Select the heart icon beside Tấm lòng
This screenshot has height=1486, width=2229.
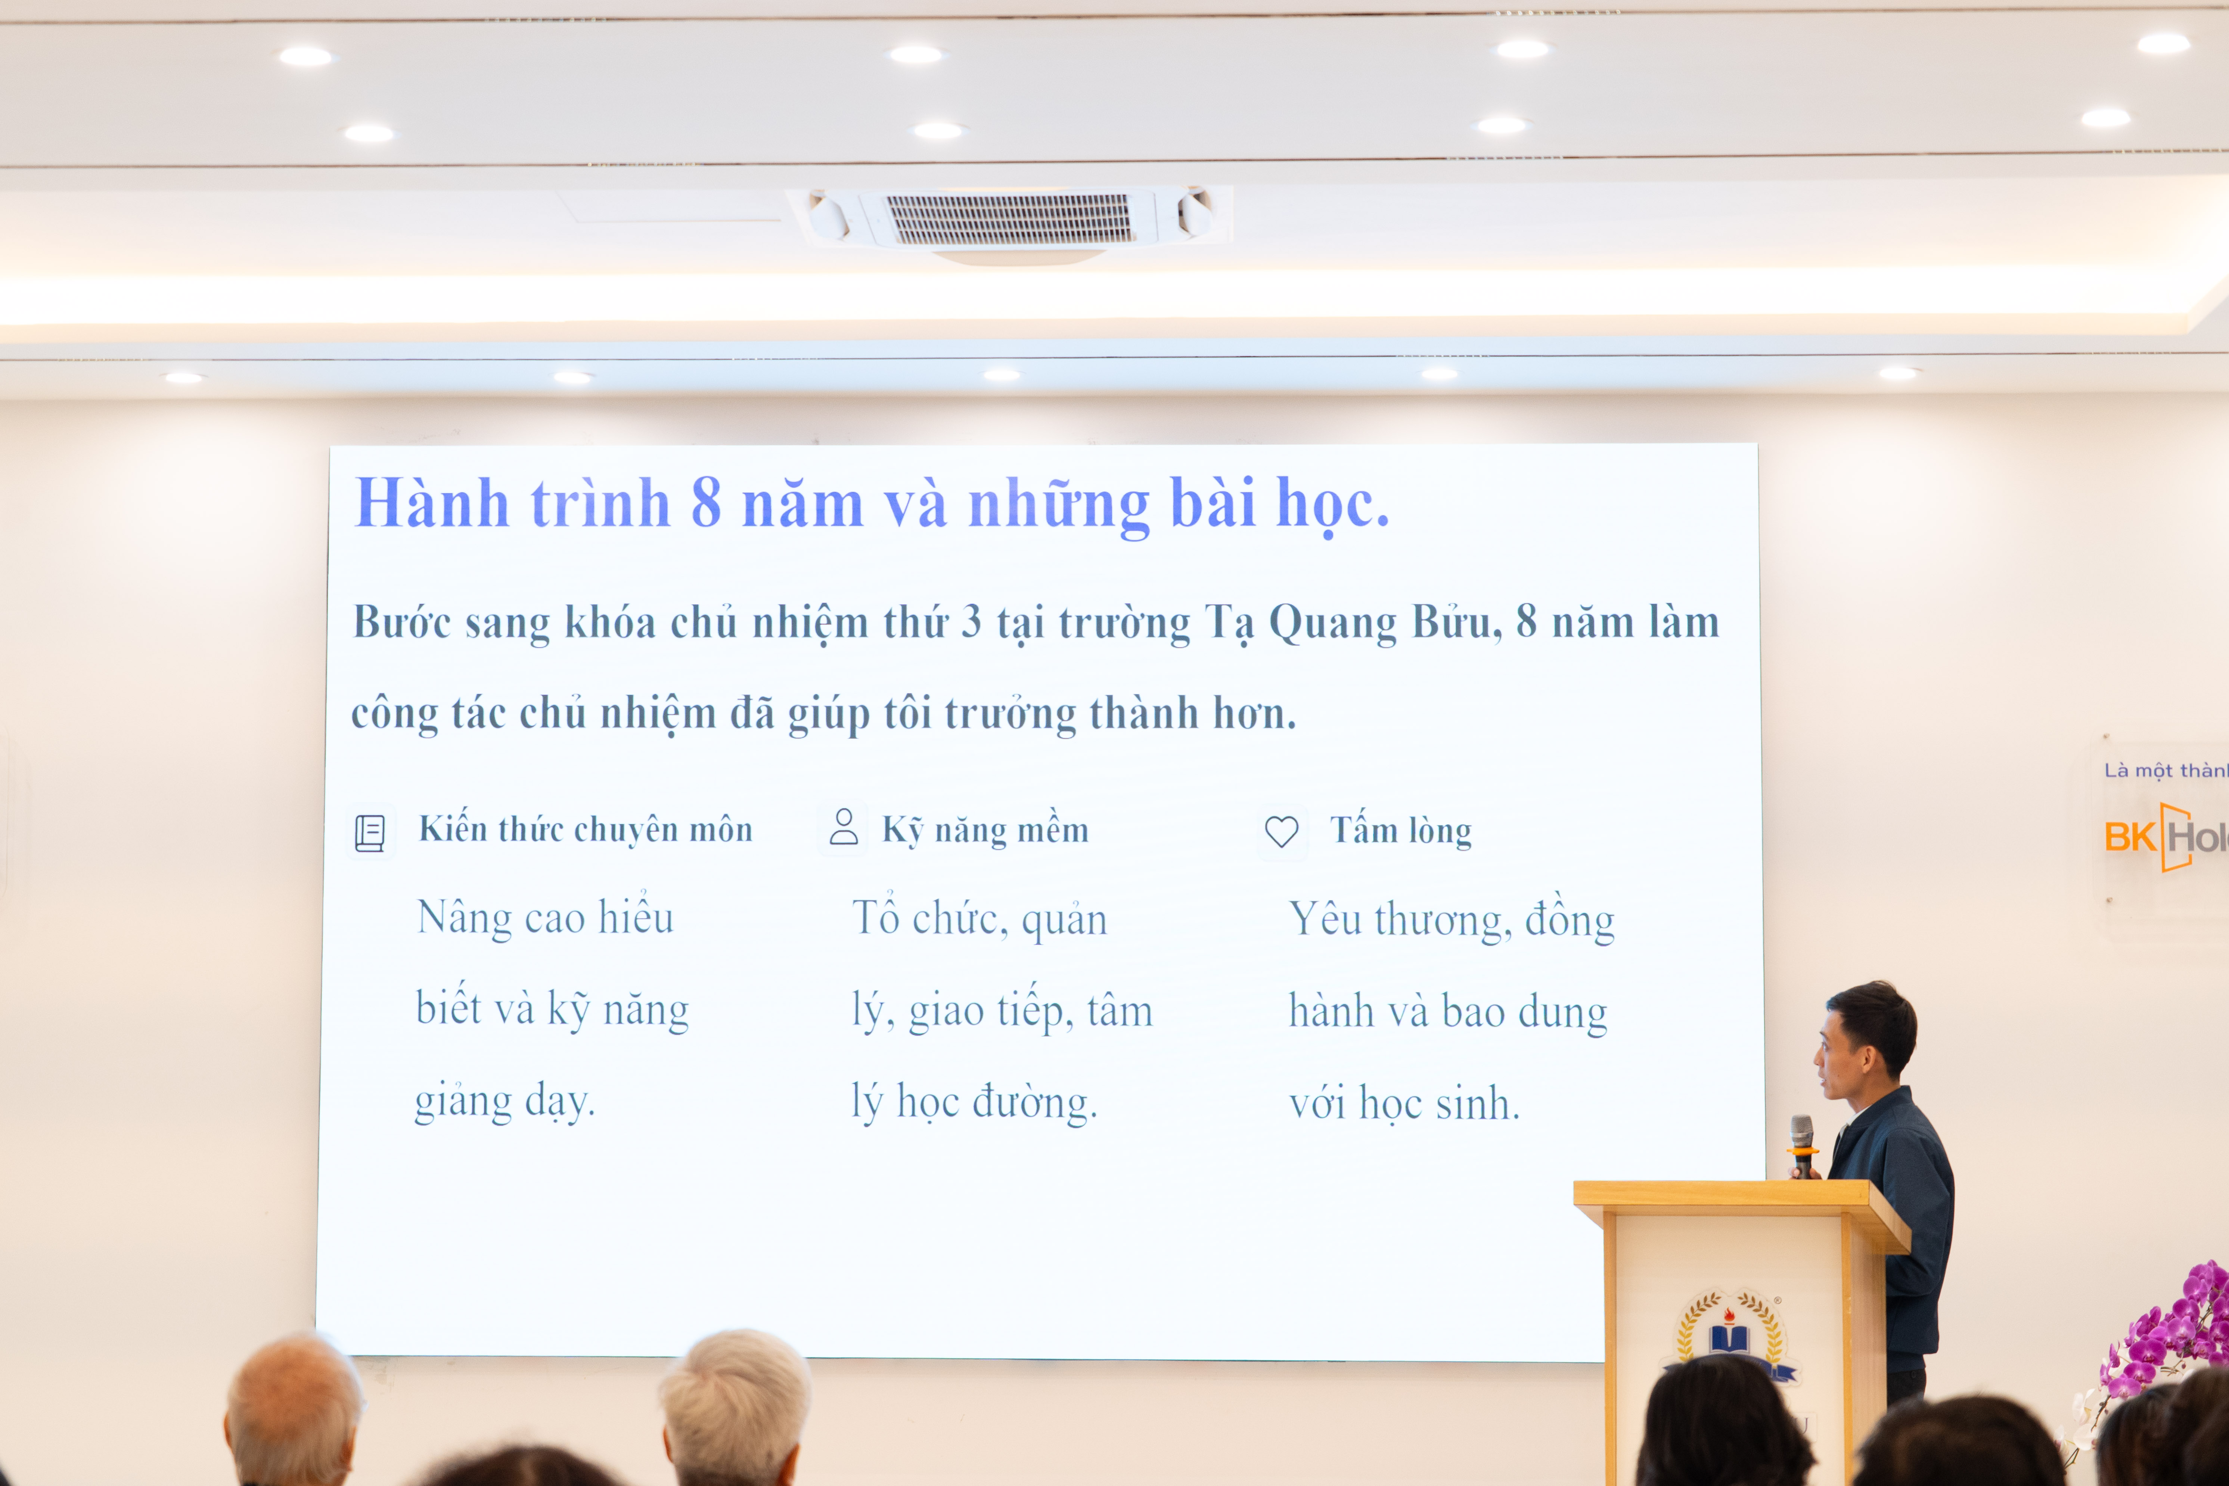click(x=1282, y=832)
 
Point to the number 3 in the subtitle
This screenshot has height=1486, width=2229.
click(x=971, y=623)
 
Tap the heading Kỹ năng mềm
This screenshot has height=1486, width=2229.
click(x=985, y=830)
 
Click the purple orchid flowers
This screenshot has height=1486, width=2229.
click(x=2170, y=1336)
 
